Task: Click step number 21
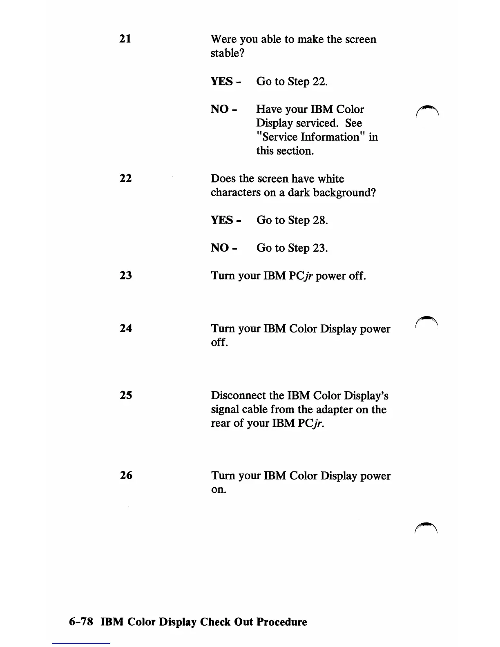point(125,39)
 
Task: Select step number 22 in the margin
point(125,178)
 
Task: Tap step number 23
point(125,275)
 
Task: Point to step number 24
point(126,328)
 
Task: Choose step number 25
point(126,395)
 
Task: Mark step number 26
point(126,475)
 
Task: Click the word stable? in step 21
point(227,53)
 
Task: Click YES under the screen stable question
point(222,81)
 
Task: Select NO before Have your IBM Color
point(219,109)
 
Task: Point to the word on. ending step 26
point(219,490)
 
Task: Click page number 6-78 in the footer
point(81,622)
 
